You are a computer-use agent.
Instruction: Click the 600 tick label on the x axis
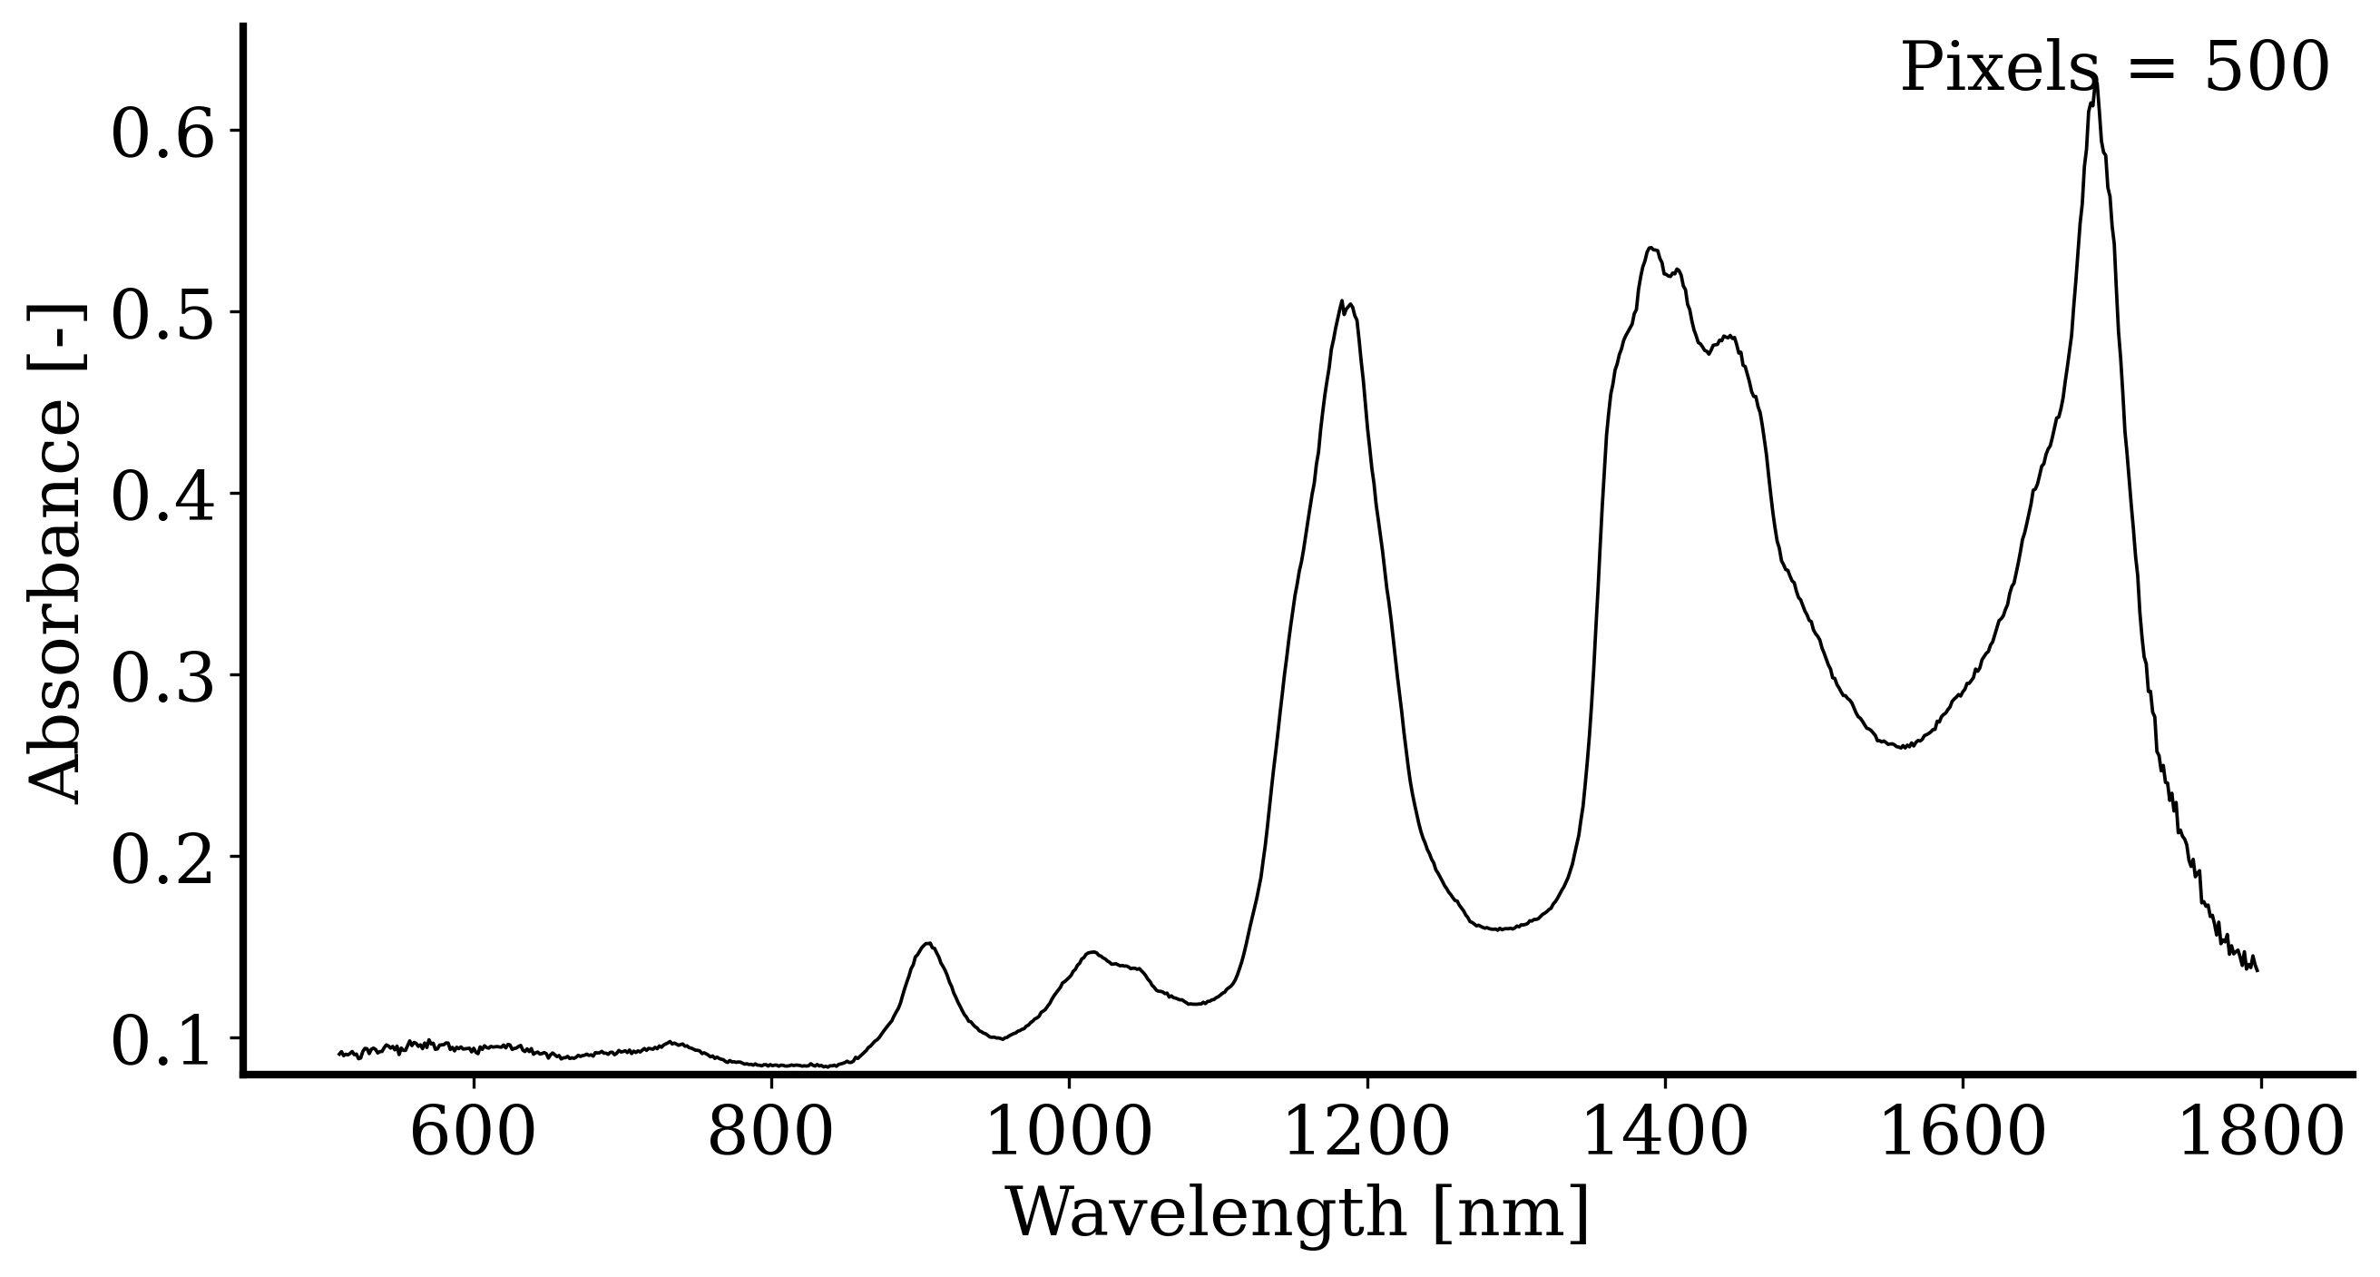(472, 1135)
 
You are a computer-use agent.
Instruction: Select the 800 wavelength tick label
(770, 1135)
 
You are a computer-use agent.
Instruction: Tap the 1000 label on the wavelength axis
(1069, 1135)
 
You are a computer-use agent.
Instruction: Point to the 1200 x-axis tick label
(1366, 1135)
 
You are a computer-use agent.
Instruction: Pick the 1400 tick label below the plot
(1665, 1135)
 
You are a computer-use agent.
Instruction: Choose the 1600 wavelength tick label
(1963, 1135)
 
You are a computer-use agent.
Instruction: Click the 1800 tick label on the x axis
(2261, 1135)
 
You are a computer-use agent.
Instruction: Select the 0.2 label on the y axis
(162, 862)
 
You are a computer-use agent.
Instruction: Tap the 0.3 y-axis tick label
(162, 681)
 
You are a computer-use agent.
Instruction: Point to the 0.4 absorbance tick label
(162, 499)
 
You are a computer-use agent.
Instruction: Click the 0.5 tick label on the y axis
(162, 318)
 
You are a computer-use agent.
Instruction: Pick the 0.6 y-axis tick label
(162, 136)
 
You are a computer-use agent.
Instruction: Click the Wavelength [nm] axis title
(1298, 1213)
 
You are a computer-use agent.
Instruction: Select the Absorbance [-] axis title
(55, 555)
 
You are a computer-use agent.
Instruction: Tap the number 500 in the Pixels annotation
(2267, 68)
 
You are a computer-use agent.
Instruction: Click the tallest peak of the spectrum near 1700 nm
(2096, 82)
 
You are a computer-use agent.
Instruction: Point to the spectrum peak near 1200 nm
(1341, 301)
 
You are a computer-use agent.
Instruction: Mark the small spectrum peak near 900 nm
(928, 943)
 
